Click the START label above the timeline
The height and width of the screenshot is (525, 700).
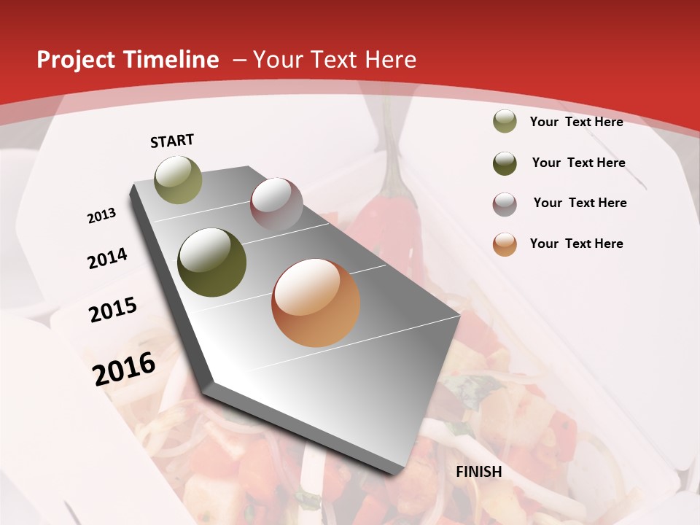[x=172, y=141]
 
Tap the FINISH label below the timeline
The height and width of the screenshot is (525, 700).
[x=478, y=472]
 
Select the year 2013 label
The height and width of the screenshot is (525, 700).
[x=101, y=216]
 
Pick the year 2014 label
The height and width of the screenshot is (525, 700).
[x=107, y=259]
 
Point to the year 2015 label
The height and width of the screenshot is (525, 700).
[x=113, y=310]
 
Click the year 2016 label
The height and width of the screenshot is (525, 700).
[x=124, y=368]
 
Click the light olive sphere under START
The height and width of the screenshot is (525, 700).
[x=178, y=179]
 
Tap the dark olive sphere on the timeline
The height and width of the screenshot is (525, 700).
[x=212, y=262]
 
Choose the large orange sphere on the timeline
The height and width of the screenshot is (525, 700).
[x=316, y=303]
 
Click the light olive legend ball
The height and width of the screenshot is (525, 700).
[x=505, y=121]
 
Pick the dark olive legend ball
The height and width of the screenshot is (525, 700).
[x=505, y=163]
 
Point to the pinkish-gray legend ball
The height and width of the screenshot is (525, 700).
[x=505, y=204]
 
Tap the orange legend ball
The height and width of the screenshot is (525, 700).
[x=505, y=244]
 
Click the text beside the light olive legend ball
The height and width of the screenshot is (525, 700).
[x=576, y=122]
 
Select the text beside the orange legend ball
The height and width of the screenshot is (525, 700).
[x=576, y=244]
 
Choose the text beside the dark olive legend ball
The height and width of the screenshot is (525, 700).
[x=578, y=163]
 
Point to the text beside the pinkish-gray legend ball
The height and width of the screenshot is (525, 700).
[x=580, y=203]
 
